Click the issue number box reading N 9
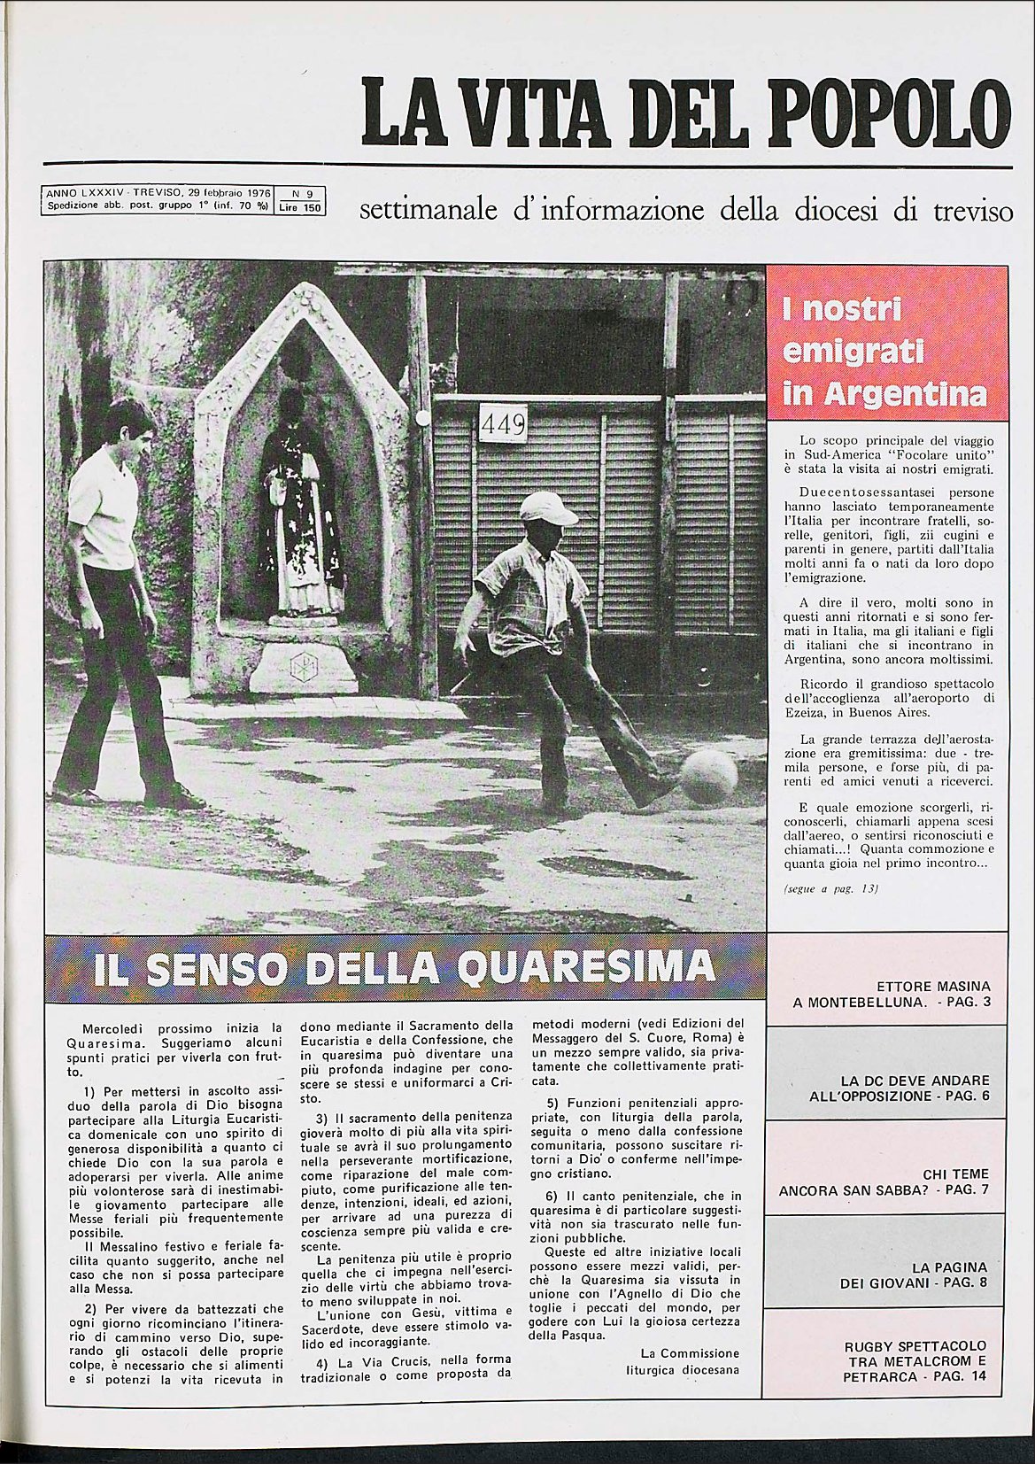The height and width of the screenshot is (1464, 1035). tap(302, 192)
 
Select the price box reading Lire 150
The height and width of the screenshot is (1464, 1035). tap(302, 208)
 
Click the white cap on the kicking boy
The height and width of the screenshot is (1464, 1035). tap(546, 507)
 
